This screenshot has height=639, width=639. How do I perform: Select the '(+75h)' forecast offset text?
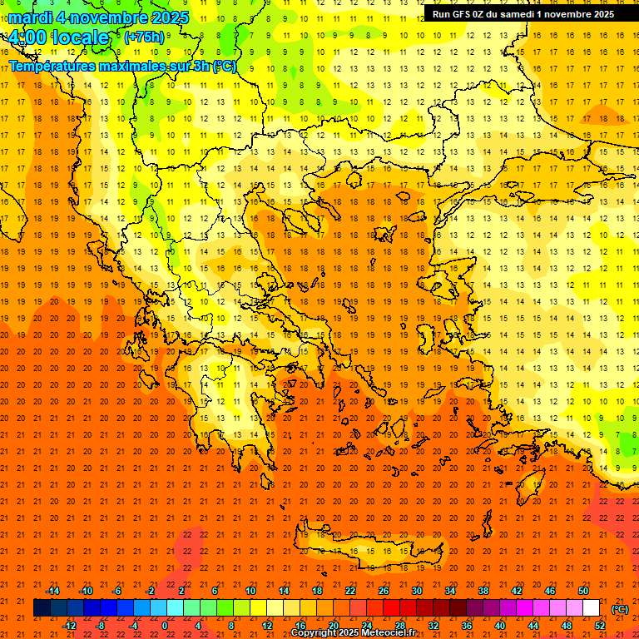coord(144,37)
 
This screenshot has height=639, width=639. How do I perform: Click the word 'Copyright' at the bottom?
coord(315,632)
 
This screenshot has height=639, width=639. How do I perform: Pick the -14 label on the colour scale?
coord(52,590)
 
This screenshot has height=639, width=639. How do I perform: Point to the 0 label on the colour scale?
coord(165,625)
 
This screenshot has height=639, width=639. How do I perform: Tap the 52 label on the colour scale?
coord(600,625)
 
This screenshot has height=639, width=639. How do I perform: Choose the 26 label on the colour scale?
coord(384,590)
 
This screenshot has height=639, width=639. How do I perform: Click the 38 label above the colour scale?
coord(483,590)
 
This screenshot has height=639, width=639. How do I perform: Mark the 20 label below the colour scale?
coord(333,625)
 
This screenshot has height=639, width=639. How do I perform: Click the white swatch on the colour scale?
coord(591,608)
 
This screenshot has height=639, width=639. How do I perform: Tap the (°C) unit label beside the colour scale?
coord(620,609)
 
